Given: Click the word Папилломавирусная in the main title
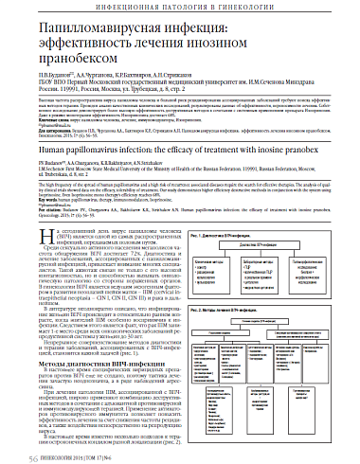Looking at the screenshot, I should [95, 32].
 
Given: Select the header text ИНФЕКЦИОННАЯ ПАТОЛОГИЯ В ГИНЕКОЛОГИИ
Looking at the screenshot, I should [180, 8].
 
